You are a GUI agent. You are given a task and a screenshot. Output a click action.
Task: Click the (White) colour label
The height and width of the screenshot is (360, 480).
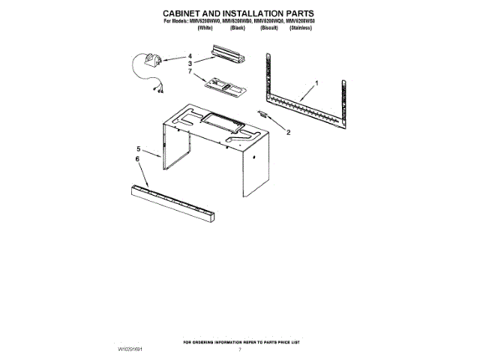click(x=204, y=28)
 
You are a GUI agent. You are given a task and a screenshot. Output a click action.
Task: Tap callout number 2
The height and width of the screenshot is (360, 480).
click(x=288, y=133)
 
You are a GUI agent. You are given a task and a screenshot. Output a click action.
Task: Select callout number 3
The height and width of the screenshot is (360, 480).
click(x=190, y=64)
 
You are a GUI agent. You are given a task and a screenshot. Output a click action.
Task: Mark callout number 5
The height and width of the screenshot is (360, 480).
click(x=138, y=149)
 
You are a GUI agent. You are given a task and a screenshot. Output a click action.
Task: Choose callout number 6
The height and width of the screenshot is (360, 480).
click(x=138, y=160)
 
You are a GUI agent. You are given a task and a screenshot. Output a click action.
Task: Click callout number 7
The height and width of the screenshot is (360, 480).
click(x=190, y=72)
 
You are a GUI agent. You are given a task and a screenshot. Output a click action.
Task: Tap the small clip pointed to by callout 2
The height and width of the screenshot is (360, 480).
click(x=263, y=112)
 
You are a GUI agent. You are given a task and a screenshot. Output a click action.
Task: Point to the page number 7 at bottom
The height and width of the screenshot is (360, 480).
click(x=240, y=349)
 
